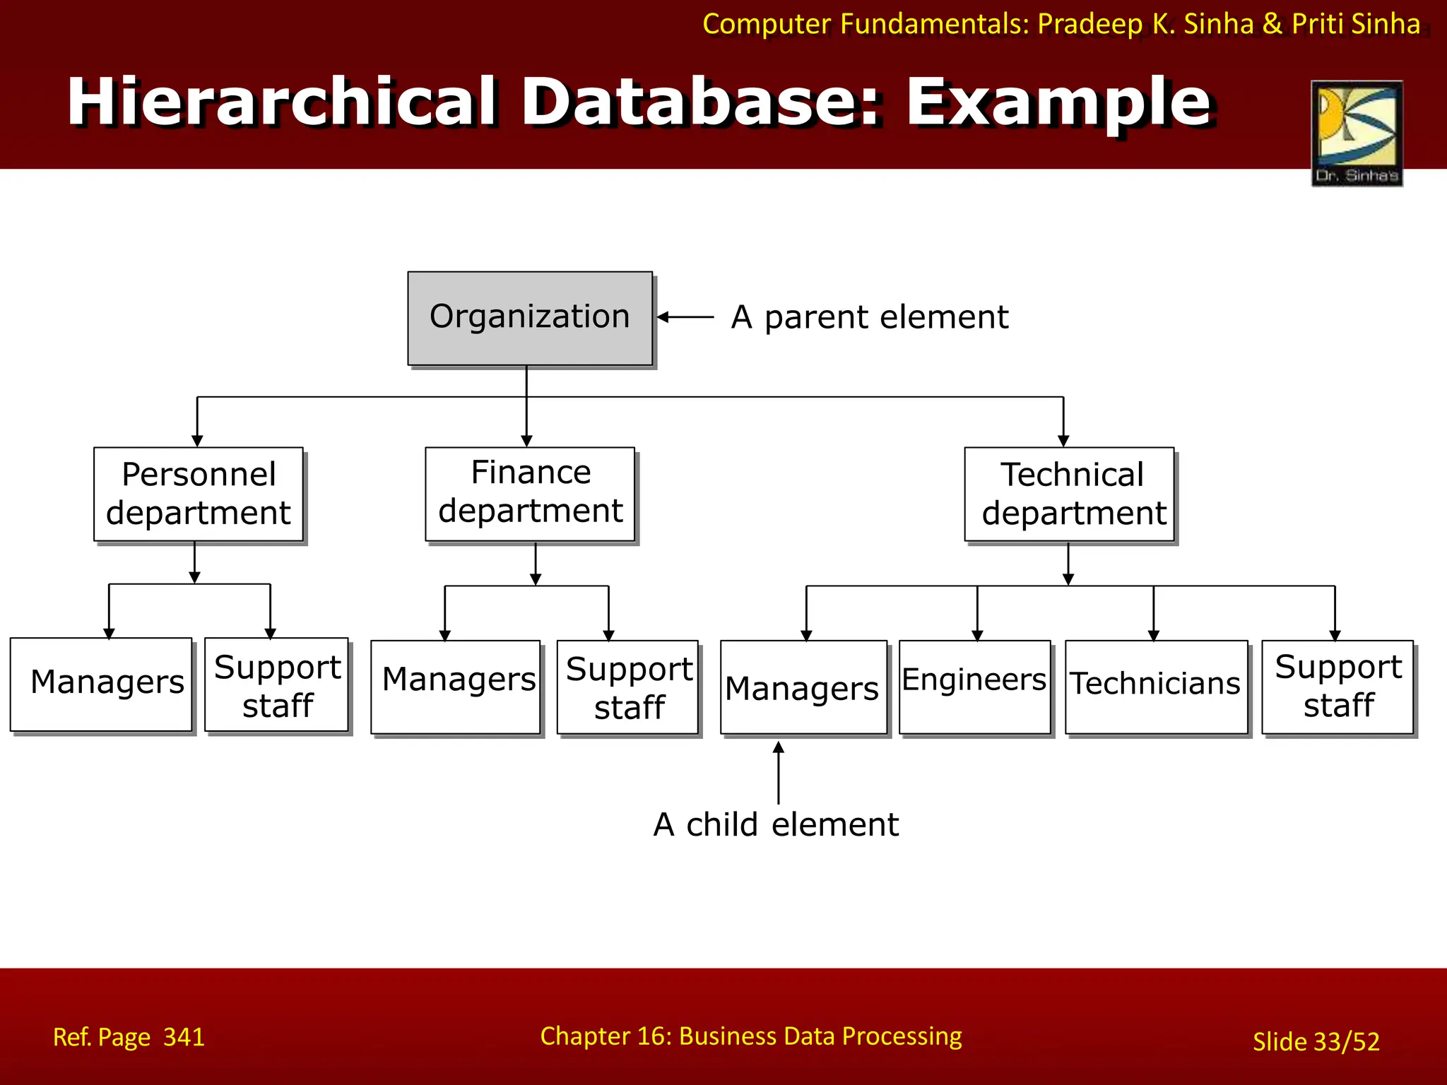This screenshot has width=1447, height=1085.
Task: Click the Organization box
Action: coord(530,318)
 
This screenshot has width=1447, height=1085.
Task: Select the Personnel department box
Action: coord(199,494)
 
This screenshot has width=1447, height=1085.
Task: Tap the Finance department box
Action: coord(530,494)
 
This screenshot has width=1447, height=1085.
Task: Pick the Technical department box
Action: coord(1069,494)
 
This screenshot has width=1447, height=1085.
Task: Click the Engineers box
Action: coord(974,686)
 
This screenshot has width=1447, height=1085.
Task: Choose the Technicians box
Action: coord(1156,686)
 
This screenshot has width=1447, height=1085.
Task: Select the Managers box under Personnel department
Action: coord(101,684)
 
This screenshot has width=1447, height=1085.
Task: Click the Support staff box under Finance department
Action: coord(627,687)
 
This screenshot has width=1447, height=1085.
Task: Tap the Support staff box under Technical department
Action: coord(1337,686)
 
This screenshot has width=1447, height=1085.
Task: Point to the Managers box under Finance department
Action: coord(455,687)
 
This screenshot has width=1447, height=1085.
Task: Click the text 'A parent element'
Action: coord(869,317)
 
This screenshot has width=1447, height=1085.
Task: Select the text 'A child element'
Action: coord(776,824)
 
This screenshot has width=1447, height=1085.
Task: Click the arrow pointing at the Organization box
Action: coord(685,317)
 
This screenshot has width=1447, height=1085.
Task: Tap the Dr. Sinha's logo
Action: coord(1357,133)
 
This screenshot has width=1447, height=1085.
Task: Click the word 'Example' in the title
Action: coord(1058,102)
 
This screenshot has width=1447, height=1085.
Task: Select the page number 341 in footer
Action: coord(184,1037)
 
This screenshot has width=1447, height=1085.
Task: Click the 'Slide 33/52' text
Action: coord(1316,1041)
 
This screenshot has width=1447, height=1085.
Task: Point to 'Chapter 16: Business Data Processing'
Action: coord(750,1036)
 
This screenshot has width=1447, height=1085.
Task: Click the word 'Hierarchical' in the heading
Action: coord(283,102)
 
